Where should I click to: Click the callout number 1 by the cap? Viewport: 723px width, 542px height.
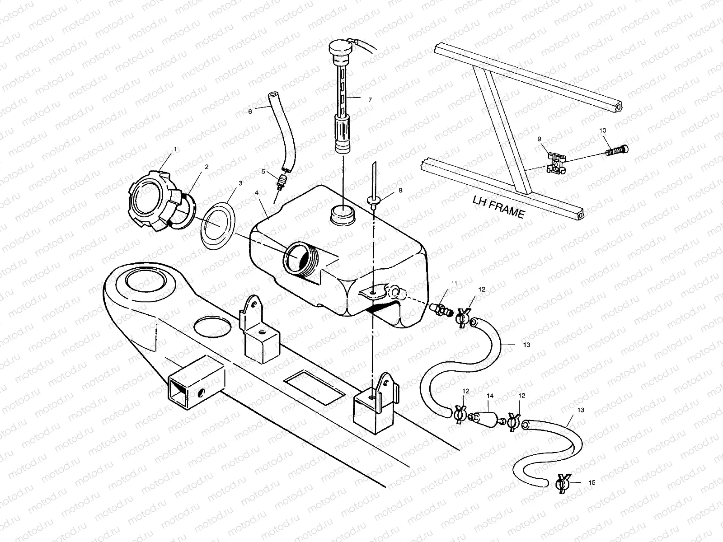tap(175, 149)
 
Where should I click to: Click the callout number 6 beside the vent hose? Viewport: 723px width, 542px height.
tap(250, 111)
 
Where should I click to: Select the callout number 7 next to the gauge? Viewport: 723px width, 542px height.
tap(370, 100)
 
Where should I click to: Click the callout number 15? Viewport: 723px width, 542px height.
tap(592, 483)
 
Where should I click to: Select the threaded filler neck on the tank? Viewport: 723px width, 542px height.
tap(300, 259)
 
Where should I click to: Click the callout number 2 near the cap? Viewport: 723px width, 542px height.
tap(207, 167)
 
